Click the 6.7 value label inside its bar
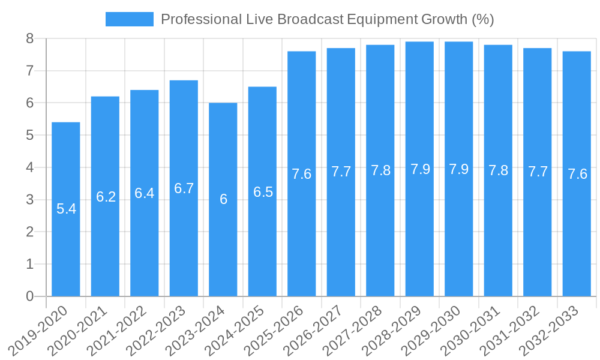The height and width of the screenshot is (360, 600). pyautogui.click(x=184, y=188)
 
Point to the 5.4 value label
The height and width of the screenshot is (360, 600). pyautogui.click(x=66, y=209)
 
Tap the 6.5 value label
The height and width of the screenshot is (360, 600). pyautogui.click(x=263, y=192)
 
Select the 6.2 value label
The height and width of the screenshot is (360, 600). pyautogui.click(x=106, y=196)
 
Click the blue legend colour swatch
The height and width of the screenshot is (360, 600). pyautogui.click(x=130, y=19)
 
